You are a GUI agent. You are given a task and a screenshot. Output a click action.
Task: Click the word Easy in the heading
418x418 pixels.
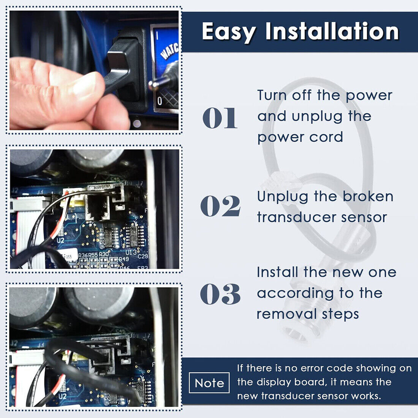[x=229, y=32]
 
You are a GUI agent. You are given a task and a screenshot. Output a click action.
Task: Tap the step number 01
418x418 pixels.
[x=220, y=118]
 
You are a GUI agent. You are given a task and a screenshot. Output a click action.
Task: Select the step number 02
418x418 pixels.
[x=220, y=206]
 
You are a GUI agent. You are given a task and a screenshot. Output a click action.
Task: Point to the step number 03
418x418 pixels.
[x=220, y=294]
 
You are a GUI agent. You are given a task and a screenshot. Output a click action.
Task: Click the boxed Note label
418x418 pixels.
[x=209, y=383]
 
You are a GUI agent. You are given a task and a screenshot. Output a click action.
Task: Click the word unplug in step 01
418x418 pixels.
[x=317, y=117]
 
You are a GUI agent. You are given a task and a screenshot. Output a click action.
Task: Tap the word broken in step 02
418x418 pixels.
[x=368, y=196]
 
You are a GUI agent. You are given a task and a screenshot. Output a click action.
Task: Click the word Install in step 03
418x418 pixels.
[x=277, y=272]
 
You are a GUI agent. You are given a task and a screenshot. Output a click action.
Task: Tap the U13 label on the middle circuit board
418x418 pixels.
[x=131, y=252]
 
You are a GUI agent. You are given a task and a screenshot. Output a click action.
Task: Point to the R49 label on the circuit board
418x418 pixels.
[x=124, y=259]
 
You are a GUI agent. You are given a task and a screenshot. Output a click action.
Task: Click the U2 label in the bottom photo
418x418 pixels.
[x=62, y=396]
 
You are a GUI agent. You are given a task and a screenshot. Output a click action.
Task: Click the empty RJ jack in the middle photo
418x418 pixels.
[x=98, y=207]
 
